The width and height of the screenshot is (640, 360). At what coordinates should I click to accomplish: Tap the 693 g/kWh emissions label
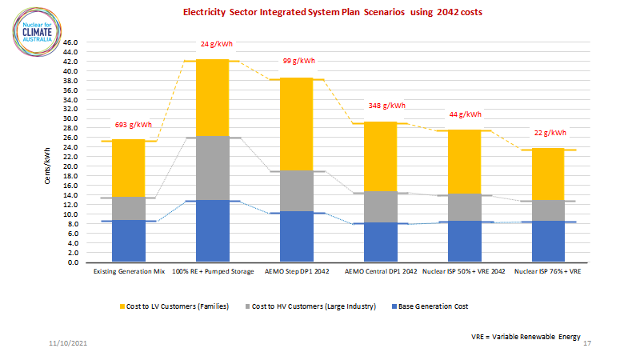133,125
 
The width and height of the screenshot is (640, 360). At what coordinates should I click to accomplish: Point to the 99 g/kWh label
299,61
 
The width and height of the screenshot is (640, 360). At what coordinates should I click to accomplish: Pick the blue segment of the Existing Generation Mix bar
128,241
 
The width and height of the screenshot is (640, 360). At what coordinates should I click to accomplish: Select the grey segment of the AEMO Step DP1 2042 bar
296,191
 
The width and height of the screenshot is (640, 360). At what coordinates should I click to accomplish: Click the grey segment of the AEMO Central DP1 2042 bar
380,207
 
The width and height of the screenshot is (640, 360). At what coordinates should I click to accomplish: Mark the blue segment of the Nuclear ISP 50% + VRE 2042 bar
464,242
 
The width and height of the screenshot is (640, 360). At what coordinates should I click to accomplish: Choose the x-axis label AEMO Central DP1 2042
380,272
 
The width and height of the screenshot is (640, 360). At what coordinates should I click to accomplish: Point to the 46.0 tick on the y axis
70,42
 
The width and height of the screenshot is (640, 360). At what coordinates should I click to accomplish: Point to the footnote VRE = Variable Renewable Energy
526,338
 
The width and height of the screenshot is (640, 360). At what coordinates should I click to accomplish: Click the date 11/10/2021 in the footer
66,343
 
